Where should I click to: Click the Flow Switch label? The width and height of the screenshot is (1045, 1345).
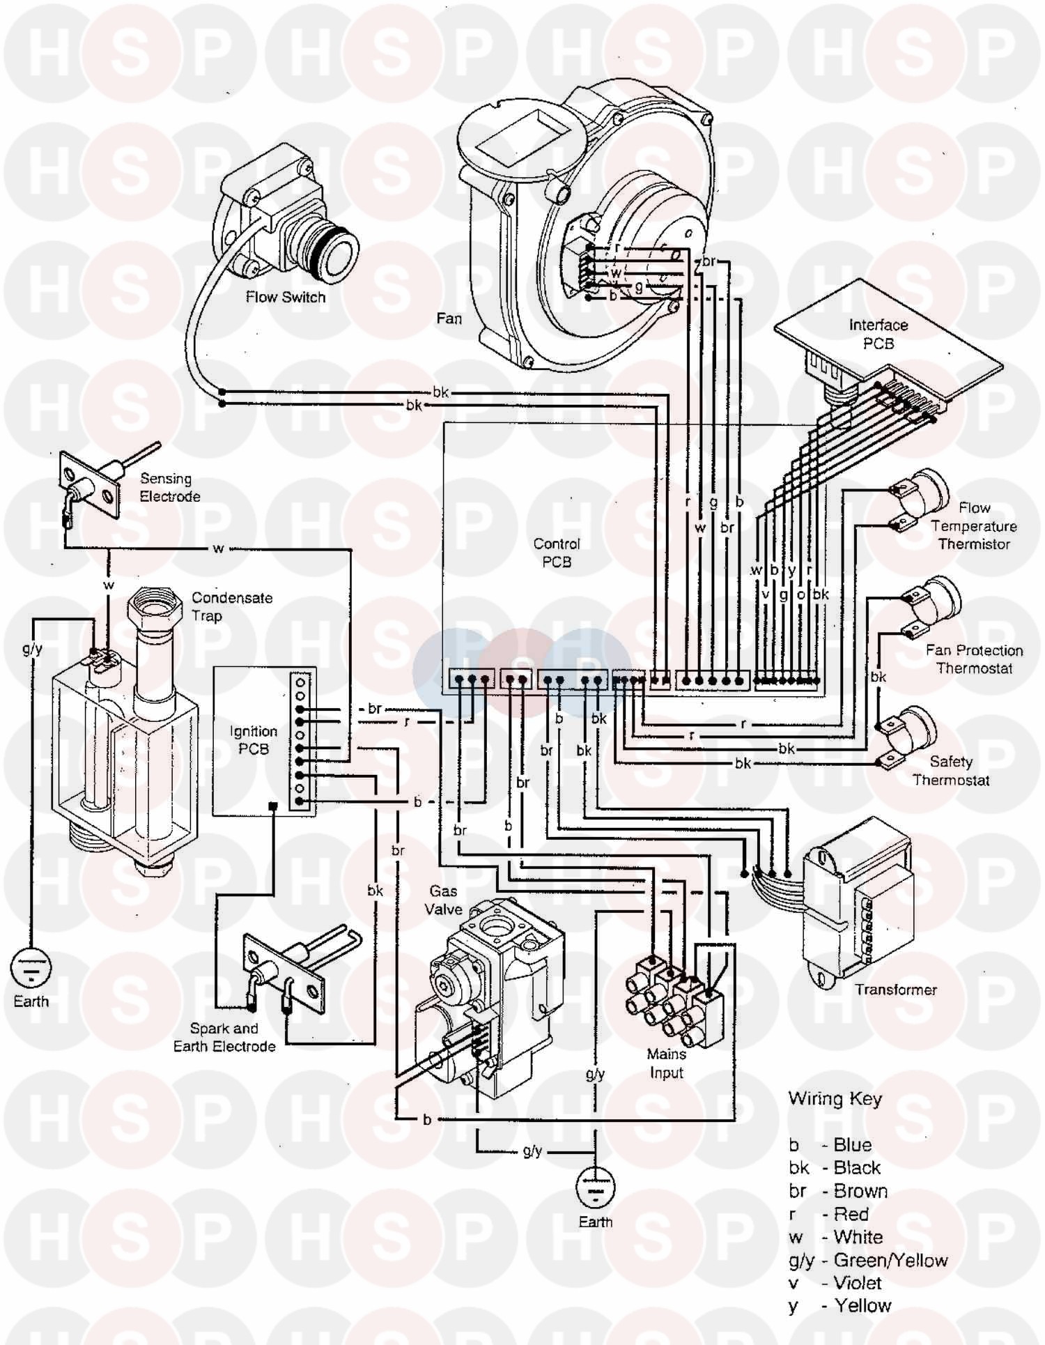pos(286,297)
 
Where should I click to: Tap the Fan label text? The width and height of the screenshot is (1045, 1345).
pos(449,318)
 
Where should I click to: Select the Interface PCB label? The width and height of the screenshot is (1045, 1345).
pos(878,334)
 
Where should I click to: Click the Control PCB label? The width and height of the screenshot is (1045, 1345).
pos(557,553)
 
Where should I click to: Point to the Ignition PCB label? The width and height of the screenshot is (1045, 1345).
pos(253,739)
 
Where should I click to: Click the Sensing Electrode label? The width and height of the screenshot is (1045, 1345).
pos(169,487)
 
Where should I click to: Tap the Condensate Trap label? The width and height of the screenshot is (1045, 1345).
pos(232,606)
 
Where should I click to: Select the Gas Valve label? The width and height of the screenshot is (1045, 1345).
pos(444,900)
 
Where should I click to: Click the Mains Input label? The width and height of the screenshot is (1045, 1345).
pos(666,1063)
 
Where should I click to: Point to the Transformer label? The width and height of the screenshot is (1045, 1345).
pos(896,989)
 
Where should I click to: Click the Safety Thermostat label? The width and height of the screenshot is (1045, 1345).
pos(951,771)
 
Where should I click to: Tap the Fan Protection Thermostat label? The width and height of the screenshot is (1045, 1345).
pos(974,659)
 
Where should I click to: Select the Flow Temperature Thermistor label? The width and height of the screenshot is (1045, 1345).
pos(974,526)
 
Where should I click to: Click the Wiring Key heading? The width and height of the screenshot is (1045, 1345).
pos(835,1099)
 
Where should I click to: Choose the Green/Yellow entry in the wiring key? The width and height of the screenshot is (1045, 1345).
pos(868,1260)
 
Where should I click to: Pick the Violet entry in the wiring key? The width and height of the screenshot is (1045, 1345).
pos(835,1283)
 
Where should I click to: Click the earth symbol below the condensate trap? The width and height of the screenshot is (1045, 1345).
pos(31,966)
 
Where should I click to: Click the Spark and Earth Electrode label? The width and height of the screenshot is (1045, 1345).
pos(224,1037)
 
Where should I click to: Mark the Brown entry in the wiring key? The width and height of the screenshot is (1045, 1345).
pos(838,1191)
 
